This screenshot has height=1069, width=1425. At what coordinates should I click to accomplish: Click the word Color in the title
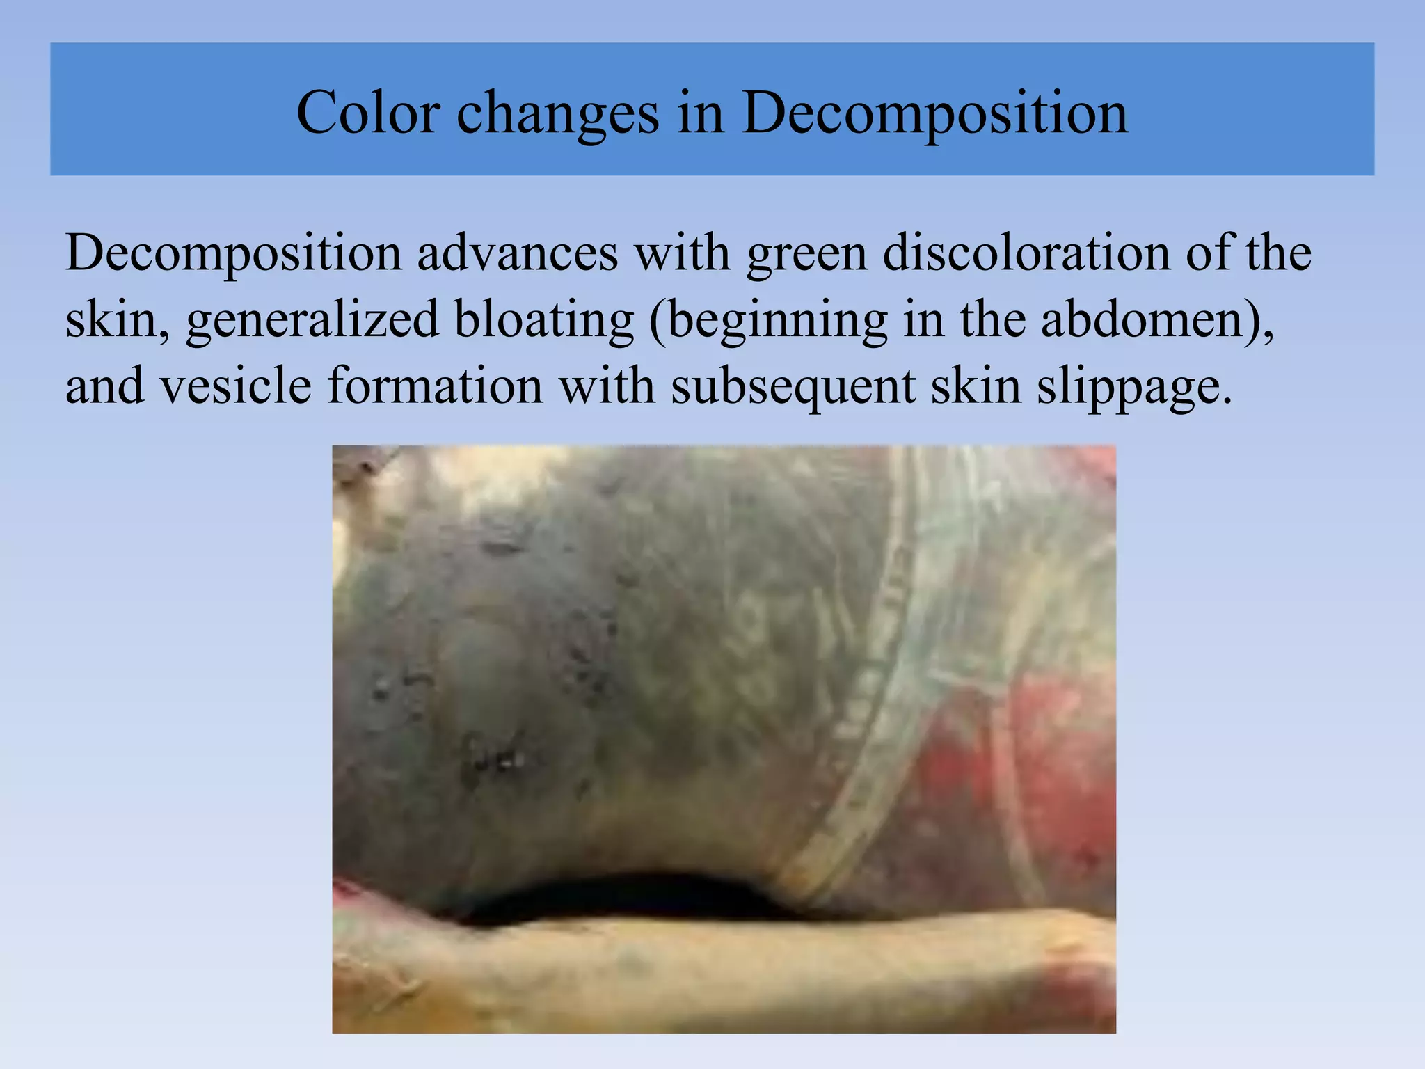tap(368, 113)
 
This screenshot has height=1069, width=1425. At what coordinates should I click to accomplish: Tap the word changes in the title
tap(557, 113)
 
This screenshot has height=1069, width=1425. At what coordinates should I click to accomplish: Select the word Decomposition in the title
tap(934, 113)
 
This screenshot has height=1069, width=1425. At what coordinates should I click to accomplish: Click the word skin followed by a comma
tap(115, 319)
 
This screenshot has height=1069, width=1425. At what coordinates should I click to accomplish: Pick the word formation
tap(435, 386)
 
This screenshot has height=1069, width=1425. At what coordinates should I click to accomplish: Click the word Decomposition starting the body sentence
tap(233, 254)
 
